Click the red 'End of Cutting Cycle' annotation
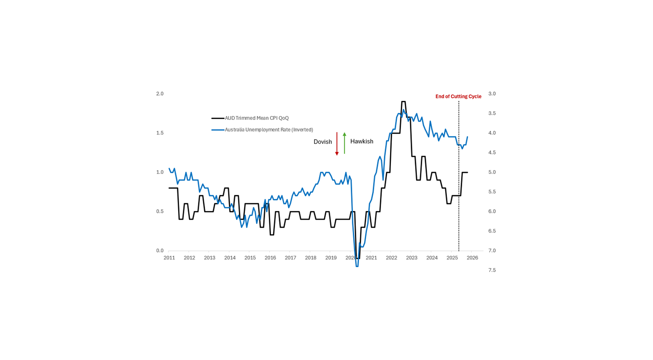(458, 97)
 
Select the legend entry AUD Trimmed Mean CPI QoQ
(256, 118)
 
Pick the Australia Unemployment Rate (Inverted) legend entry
(268, 130)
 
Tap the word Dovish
(323, 142)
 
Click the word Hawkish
(362, 141)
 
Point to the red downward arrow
(337, 144)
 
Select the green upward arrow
(344, 143)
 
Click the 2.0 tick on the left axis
(160, 94)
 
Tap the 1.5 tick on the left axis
(160, 133)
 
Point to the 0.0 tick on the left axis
(160, 250)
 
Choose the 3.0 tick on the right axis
(492, 94)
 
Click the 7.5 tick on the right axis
(492, 270)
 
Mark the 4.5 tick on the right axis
(492, 153)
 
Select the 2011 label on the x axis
(169, 258)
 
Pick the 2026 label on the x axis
(472, 258)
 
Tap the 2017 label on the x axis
(290, 258)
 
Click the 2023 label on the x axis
(412, 258)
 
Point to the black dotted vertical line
(459, 180)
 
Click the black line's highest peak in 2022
(403, 102)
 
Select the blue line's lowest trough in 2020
(357, 266)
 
